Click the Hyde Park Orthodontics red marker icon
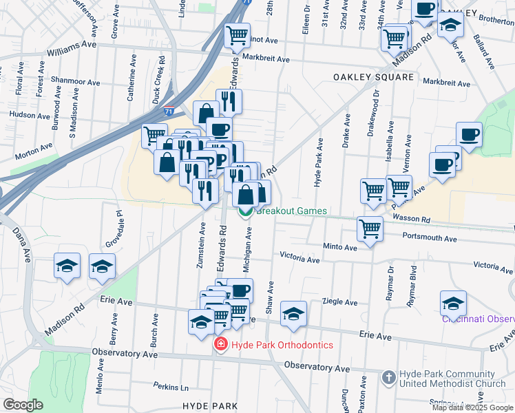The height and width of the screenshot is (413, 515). pos(220,344)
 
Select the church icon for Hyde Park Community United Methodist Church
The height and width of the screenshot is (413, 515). pos(389,377)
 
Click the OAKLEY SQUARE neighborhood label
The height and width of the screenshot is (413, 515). pos(374,76)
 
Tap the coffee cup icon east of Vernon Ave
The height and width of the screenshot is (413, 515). pos(469,134)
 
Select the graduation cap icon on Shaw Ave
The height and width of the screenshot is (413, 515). pos(293,313)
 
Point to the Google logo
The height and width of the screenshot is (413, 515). pos(23,405)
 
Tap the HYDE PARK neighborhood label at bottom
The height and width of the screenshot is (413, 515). pos(211,406)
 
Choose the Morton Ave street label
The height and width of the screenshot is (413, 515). pos(34,149)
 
